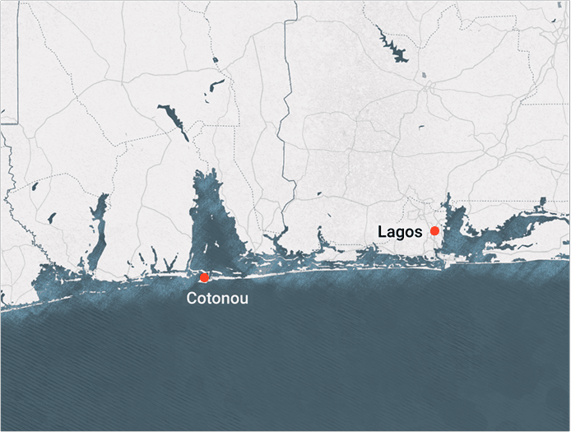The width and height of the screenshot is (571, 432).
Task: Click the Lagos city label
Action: [x=400, y=231]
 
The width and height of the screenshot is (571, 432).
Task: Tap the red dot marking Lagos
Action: [x=434, y=230]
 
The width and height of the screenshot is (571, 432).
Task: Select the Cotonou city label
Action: [x=217, y=299]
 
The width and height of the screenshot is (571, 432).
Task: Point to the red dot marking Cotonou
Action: [x=204, y=277]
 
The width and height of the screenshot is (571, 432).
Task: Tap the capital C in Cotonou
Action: [x=192, y=299]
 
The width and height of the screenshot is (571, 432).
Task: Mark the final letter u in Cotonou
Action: [x=243, y=299]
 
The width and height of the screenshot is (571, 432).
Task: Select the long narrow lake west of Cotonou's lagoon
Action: [x=98, y=230]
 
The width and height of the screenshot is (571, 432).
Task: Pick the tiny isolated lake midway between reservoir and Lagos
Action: [x=420, y=127]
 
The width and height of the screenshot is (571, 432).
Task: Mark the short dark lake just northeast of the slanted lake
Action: [x=216, y=85]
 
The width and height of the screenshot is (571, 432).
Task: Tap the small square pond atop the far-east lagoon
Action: [x=542, y=202]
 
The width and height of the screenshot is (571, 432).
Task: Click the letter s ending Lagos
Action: [x=418, y=231]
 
